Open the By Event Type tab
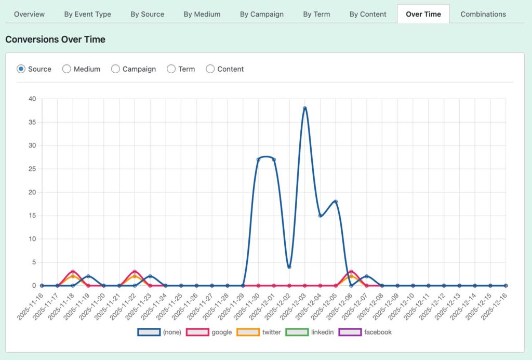tap(87, 14)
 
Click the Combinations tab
tap(483, 14)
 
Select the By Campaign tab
tap(261, 14)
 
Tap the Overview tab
tap(29, 14)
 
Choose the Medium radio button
tap(66, 69)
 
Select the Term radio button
tap(171, 69)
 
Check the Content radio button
tap(210, 69)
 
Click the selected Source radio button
tap(21, 69)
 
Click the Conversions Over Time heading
tap(55, 39)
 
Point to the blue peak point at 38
tap(305, 108)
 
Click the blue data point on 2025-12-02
tap(289, 267)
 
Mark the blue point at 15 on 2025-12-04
tap(320, 216)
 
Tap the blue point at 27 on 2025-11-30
tap(258, 159)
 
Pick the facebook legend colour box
tap(349, 332)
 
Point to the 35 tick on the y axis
tap(32, 122)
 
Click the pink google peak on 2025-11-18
tap(73, 272)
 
